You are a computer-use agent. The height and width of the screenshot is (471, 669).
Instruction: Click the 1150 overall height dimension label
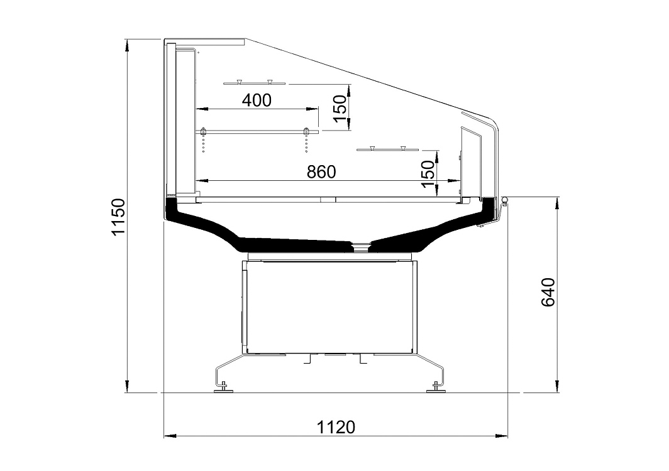118,216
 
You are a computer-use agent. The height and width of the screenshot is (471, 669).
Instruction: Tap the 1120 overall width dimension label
336,426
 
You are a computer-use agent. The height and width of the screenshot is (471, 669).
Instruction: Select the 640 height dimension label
548,292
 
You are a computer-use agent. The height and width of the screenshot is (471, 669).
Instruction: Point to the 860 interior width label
321,172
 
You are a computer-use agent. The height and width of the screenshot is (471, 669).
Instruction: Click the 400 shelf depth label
257,100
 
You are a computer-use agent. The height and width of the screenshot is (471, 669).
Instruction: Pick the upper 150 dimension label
340,108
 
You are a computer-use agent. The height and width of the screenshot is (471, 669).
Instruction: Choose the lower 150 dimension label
428,174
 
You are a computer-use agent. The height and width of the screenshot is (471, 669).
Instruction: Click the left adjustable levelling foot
223,387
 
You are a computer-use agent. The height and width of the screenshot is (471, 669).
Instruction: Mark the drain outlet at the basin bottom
361,246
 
